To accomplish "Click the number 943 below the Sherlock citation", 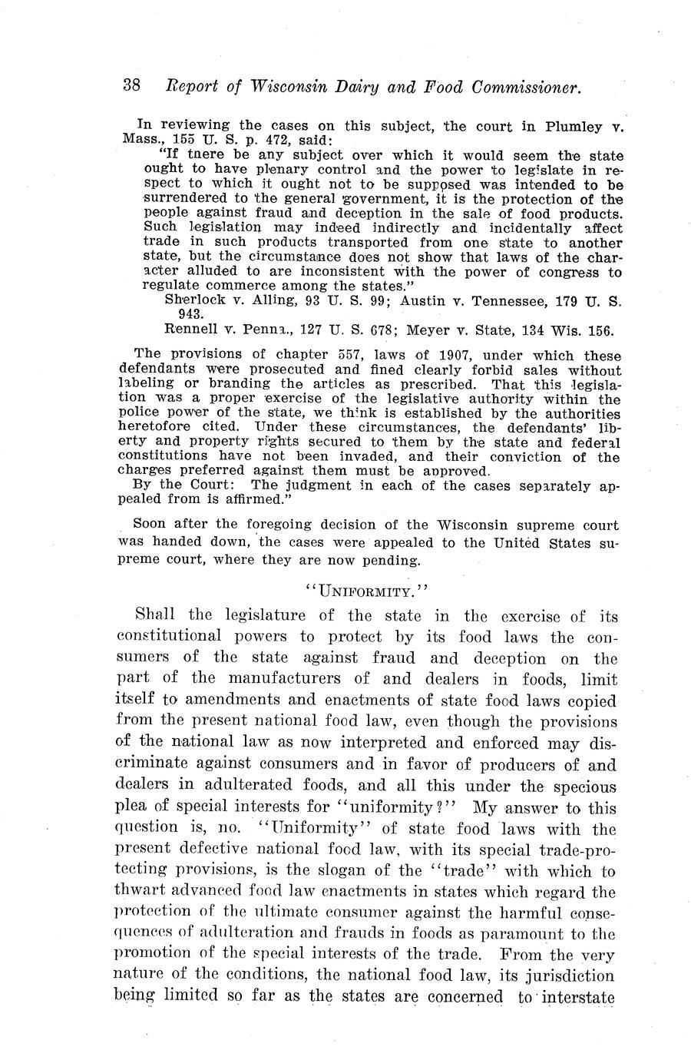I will pos(190,315).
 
